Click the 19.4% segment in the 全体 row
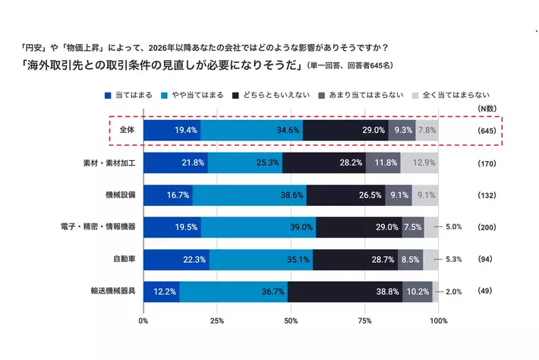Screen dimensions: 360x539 click(172, 131)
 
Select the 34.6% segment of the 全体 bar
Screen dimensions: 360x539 click(251, 131)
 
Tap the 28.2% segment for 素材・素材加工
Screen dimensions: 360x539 click(324, 163)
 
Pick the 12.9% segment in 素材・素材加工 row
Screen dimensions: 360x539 click(419, 163)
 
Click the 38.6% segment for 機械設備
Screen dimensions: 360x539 click(250, 194)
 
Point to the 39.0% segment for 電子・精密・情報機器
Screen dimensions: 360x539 click(258, 227)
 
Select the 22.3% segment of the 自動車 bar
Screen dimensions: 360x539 click(176, 259)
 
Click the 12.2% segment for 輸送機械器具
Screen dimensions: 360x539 click(162, 291)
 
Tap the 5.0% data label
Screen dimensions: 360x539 click(454, 227)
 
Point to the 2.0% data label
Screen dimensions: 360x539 click(454, 292)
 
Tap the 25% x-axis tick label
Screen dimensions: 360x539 click(217, 321)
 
